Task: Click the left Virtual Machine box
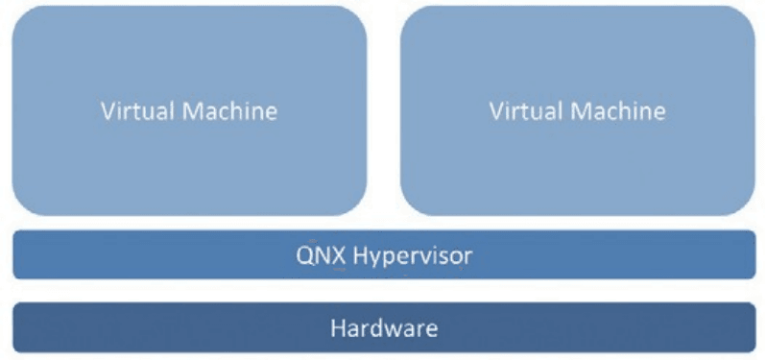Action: click(x=189, y=110)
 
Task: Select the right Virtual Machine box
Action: click(x=578, y=110)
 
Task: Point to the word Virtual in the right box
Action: click(x=526, y=111)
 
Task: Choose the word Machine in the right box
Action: click(x=618, y=111)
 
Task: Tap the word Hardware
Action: click(x=384, y=327)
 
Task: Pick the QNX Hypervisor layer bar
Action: click(x=384, y=254)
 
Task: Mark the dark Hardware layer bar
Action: click(x=384, y=327)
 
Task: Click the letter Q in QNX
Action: click(x=304, y=256)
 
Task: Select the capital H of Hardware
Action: click(x=338, y=327)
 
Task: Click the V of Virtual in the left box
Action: click(x=108, y=111)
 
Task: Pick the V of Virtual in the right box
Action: click(x=497, y=111)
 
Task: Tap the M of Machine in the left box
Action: click(x=192, y=111)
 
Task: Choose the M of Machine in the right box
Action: click(x=581, y=111)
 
